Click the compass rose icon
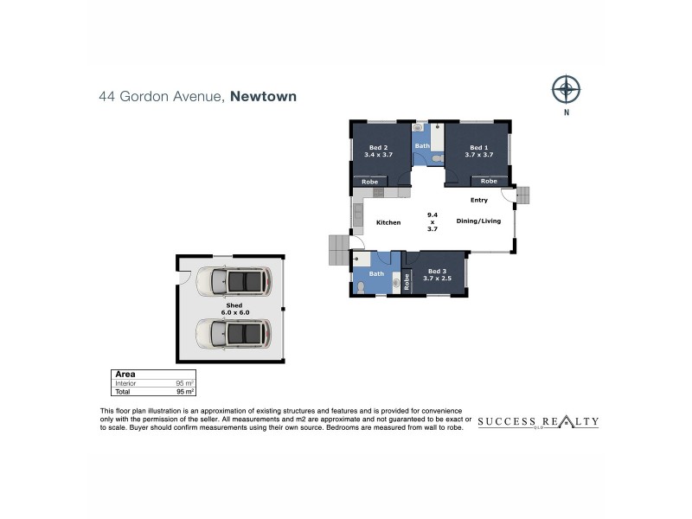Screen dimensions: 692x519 567,90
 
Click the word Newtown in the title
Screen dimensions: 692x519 264,96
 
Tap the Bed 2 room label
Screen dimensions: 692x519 378,151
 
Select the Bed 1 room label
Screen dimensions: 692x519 479,151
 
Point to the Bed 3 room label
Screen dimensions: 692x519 437,274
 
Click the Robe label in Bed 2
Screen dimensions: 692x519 370,182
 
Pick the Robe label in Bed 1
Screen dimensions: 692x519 489,181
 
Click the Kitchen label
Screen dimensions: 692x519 388,222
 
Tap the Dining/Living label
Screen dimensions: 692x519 478,221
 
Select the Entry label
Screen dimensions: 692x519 479,200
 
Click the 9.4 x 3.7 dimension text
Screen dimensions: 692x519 432,222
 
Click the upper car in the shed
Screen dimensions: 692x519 234,281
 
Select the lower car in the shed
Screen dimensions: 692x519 234,333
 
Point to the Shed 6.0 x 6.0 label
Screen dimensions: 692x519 234,309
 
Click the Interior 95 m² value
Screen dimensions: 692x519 185,383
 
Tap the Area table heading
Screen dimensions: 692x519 125,375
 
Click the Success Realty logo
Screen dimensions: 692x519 538,422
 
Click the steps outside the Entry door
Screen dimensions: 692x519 523,195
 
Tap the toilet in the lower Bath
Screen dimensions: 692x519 361,288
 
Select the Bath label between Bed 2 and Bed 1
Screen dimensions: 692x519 422,145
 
